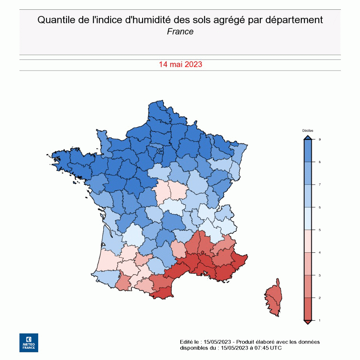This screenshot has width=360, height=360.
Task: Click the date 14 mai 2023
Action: [180, 64]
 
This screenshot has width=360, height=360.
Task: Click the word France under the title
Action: [180, 32]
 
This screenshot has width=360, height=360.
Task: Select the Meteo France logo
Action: [29, 343]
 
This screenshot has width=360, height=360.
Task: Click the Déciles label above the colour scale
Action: [307, 131]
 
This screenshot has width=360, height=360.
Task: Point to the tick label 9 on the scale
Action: [319, 139]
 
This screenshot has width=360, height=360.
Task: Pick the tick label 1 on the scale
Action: [319, 320]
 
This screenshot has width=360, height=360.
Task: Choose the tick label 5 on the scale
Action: [319, 230]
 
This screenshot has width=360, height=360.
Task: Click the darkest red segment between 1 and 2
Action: [307, 309]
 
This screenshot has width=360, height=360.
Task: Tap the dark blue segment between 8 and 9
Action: [307, 151]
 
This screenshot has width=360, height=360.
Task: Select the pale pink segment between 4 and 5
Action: [307, 241]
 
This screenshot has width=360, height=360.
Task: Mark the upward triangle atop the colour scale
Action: [307, 137]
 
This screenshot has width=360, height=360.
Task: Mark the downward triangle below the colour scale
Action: [307, 322]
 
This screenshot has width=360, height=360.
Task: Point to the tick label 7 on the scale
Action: [319, 184]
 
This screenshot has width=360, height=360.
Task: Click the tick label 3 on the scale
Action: [319, 275]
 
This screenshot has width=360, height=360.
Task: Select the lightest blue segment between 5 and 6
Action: [307, 218]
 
